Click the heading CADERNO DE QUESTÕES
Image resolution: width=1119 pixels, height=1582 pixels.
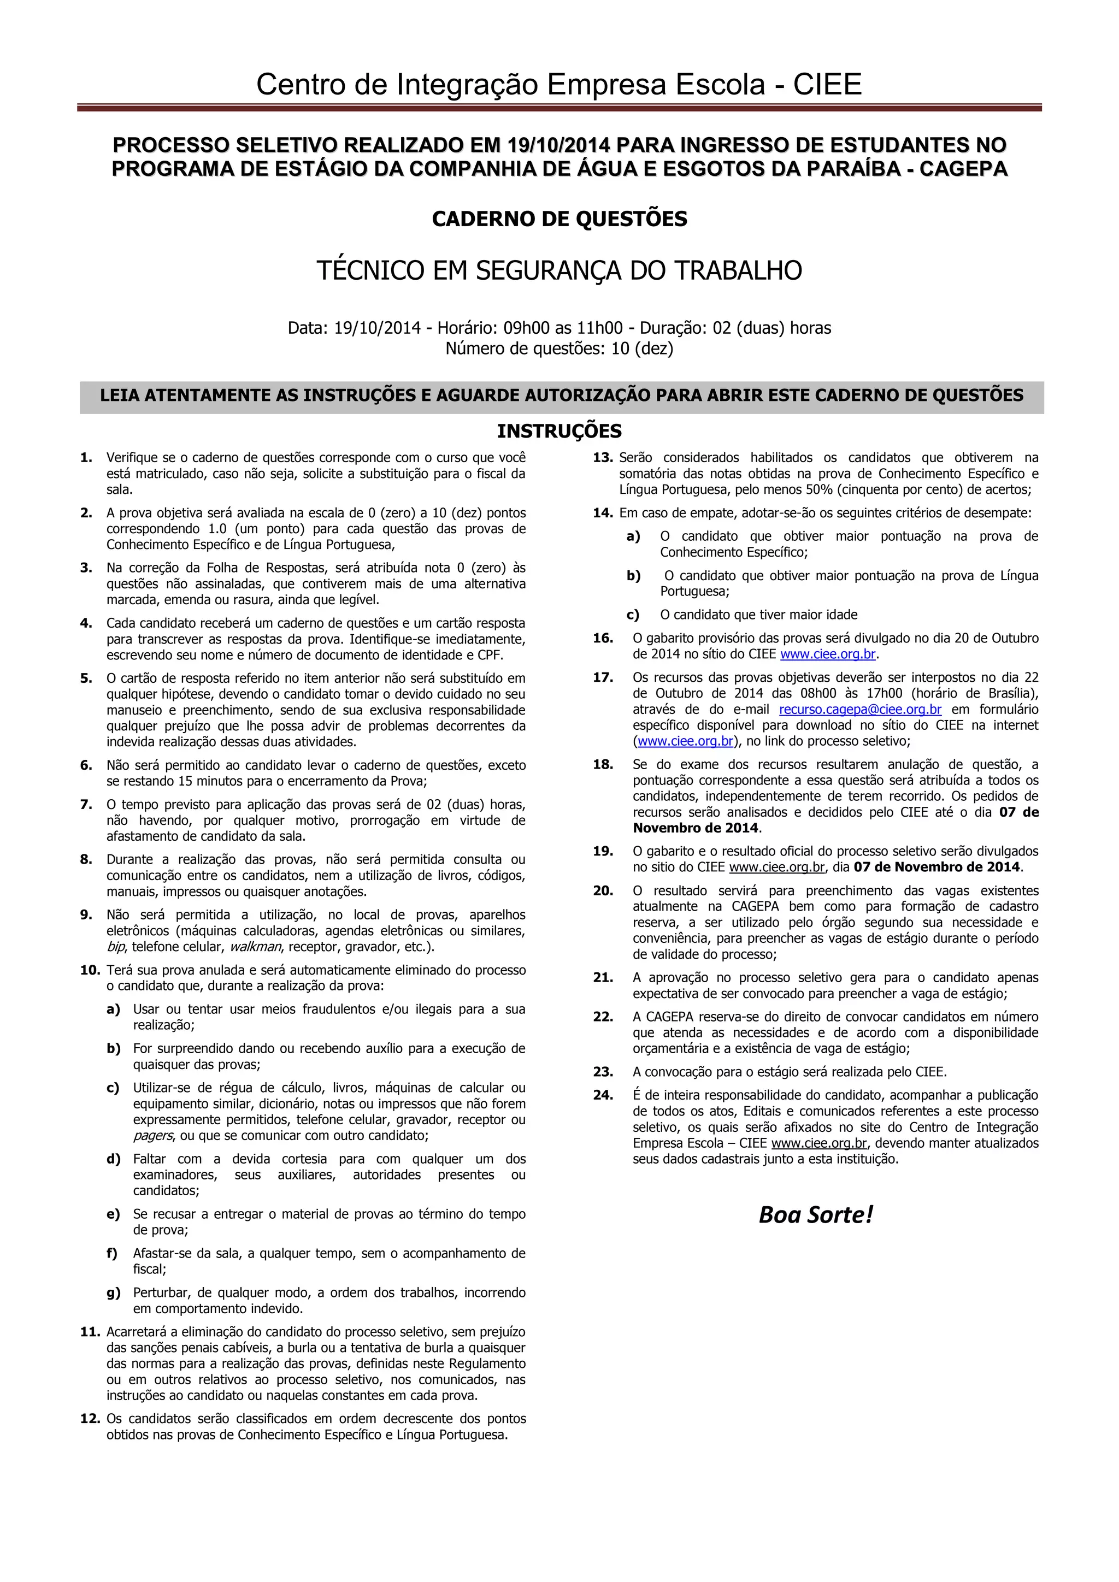[x=559, y=219]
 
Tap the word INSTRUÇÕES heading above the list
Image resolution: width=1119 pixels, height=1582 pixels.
[x=559, y=432]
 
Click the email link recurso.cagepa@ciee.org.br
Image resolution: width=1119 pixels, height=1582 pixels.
[x=860, y=709]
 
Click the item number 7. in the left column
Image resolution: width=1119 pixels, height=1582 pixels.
[x=86, y=804]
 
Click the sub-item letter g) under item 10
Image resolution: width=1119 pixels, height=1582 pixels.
[x=114, y=1292]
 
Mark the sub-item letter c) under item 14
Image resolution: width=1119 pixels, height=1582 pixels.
[x=633, y=615]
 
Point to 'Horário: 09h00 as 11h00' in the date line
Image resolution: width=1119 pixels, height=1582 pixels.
[x=530, y=327]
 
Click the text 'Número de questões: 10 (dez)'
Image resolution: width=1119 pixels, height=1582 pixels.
[x=559, y=349]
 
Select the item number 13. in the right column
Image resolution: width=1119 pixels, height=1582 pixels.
[x=603, y=458]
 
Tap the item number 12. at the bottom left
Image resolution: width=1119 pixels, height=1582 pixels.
[x=90, y=1419]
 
